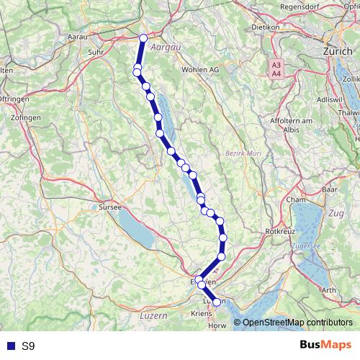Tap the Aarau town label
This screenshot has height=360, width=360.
click(77, 35)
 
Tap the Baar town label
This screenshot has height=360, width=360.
click(330, 189)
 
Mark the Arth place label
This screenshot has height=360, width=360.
click(328, 289)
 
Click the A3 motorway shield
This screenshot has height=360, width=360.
click(276, 64)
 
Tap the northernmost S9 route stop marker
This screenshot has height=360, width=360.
click(143, 38)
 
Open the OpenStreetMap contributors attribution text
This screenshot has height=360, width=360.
click(297, 322)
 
